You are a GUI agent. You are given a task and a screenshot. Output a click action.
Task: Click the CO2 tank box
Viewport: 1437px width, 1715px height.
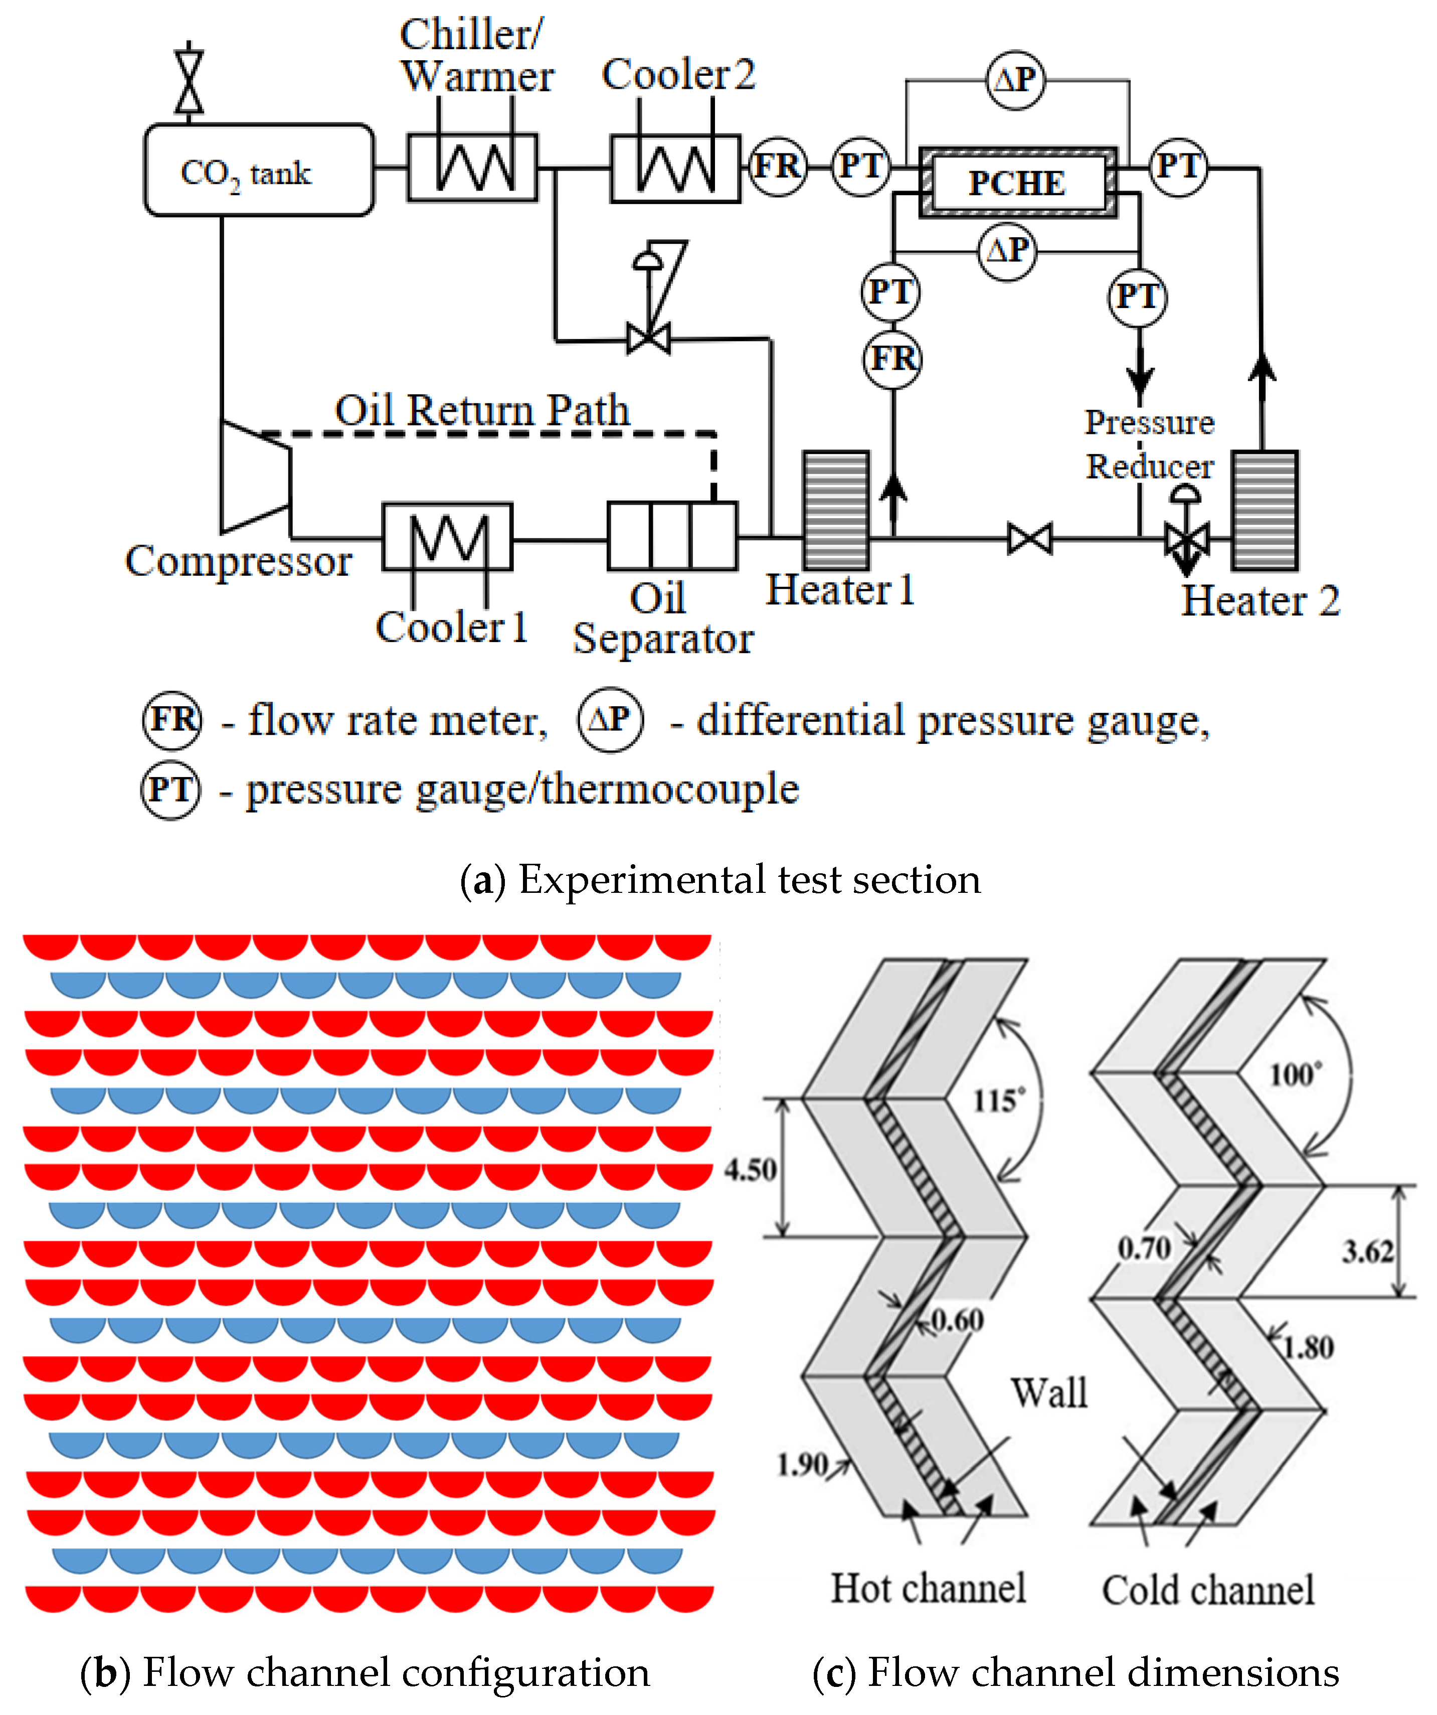tap(259, 170)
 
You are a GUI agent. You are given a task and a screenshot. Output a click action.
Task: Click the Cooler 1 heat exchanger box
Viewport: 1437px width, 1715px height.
tap(447, 537)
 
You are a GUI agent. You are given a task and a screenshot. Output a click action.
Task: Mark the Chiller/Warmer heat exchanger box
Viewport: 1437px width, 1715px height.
tap(473, 168)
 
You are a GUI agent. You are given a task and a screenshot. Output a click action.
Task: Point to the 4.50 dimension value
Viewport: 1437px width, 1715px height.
tap(750, 1169)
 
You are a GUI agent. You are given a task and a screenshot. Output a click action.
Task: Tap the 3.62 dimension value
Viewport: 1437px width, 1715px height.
tap(1368, 1251)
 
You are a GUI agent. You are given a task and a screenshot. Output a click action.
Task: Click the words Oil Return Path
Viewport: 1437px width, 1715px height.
tap(482, 410)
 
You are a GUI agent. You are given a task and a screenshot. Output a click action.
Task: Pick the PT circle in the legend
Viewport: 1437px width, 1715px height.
tap(170, 790)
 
